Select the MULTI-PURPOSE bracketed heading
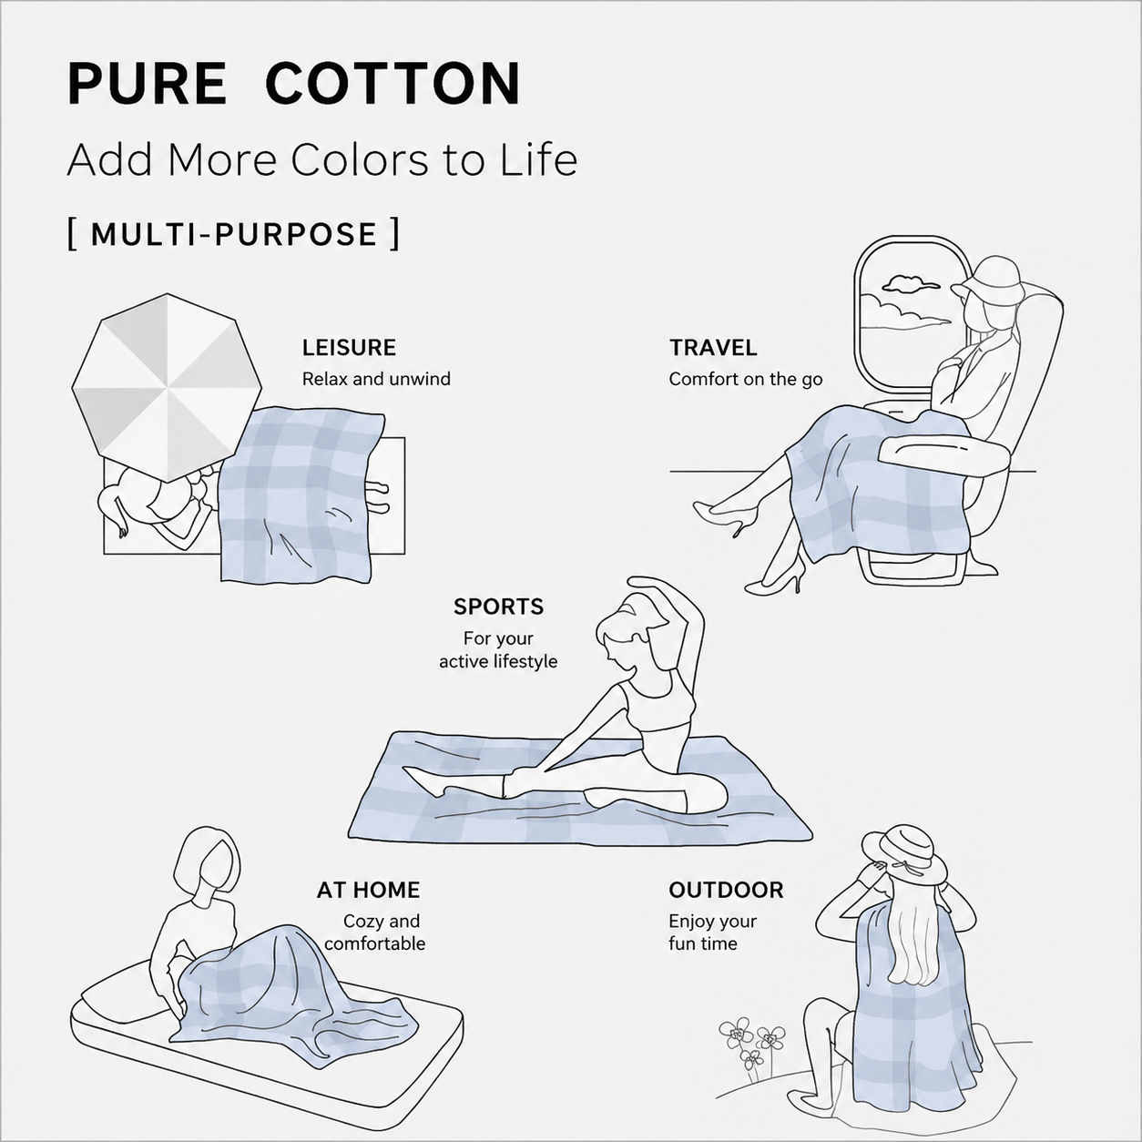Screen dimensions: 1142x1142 [233, 235]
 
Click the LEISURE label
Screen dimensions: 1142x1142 [349, 347]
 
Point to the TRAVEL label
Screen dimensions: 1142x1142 [713, 347]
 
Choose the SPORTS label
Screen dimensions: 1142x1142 [498, 607]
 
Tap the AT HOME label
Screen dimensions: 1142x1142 [368, 890]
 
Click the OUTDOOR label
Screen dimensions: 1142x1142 [726, 890]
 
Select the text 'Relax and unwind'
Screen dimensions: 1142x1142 [376, 379]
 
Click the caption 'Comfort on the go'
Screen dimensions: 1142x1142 [746, 379]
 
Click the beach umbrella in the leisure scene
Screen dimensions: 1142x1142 [167, 387]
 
